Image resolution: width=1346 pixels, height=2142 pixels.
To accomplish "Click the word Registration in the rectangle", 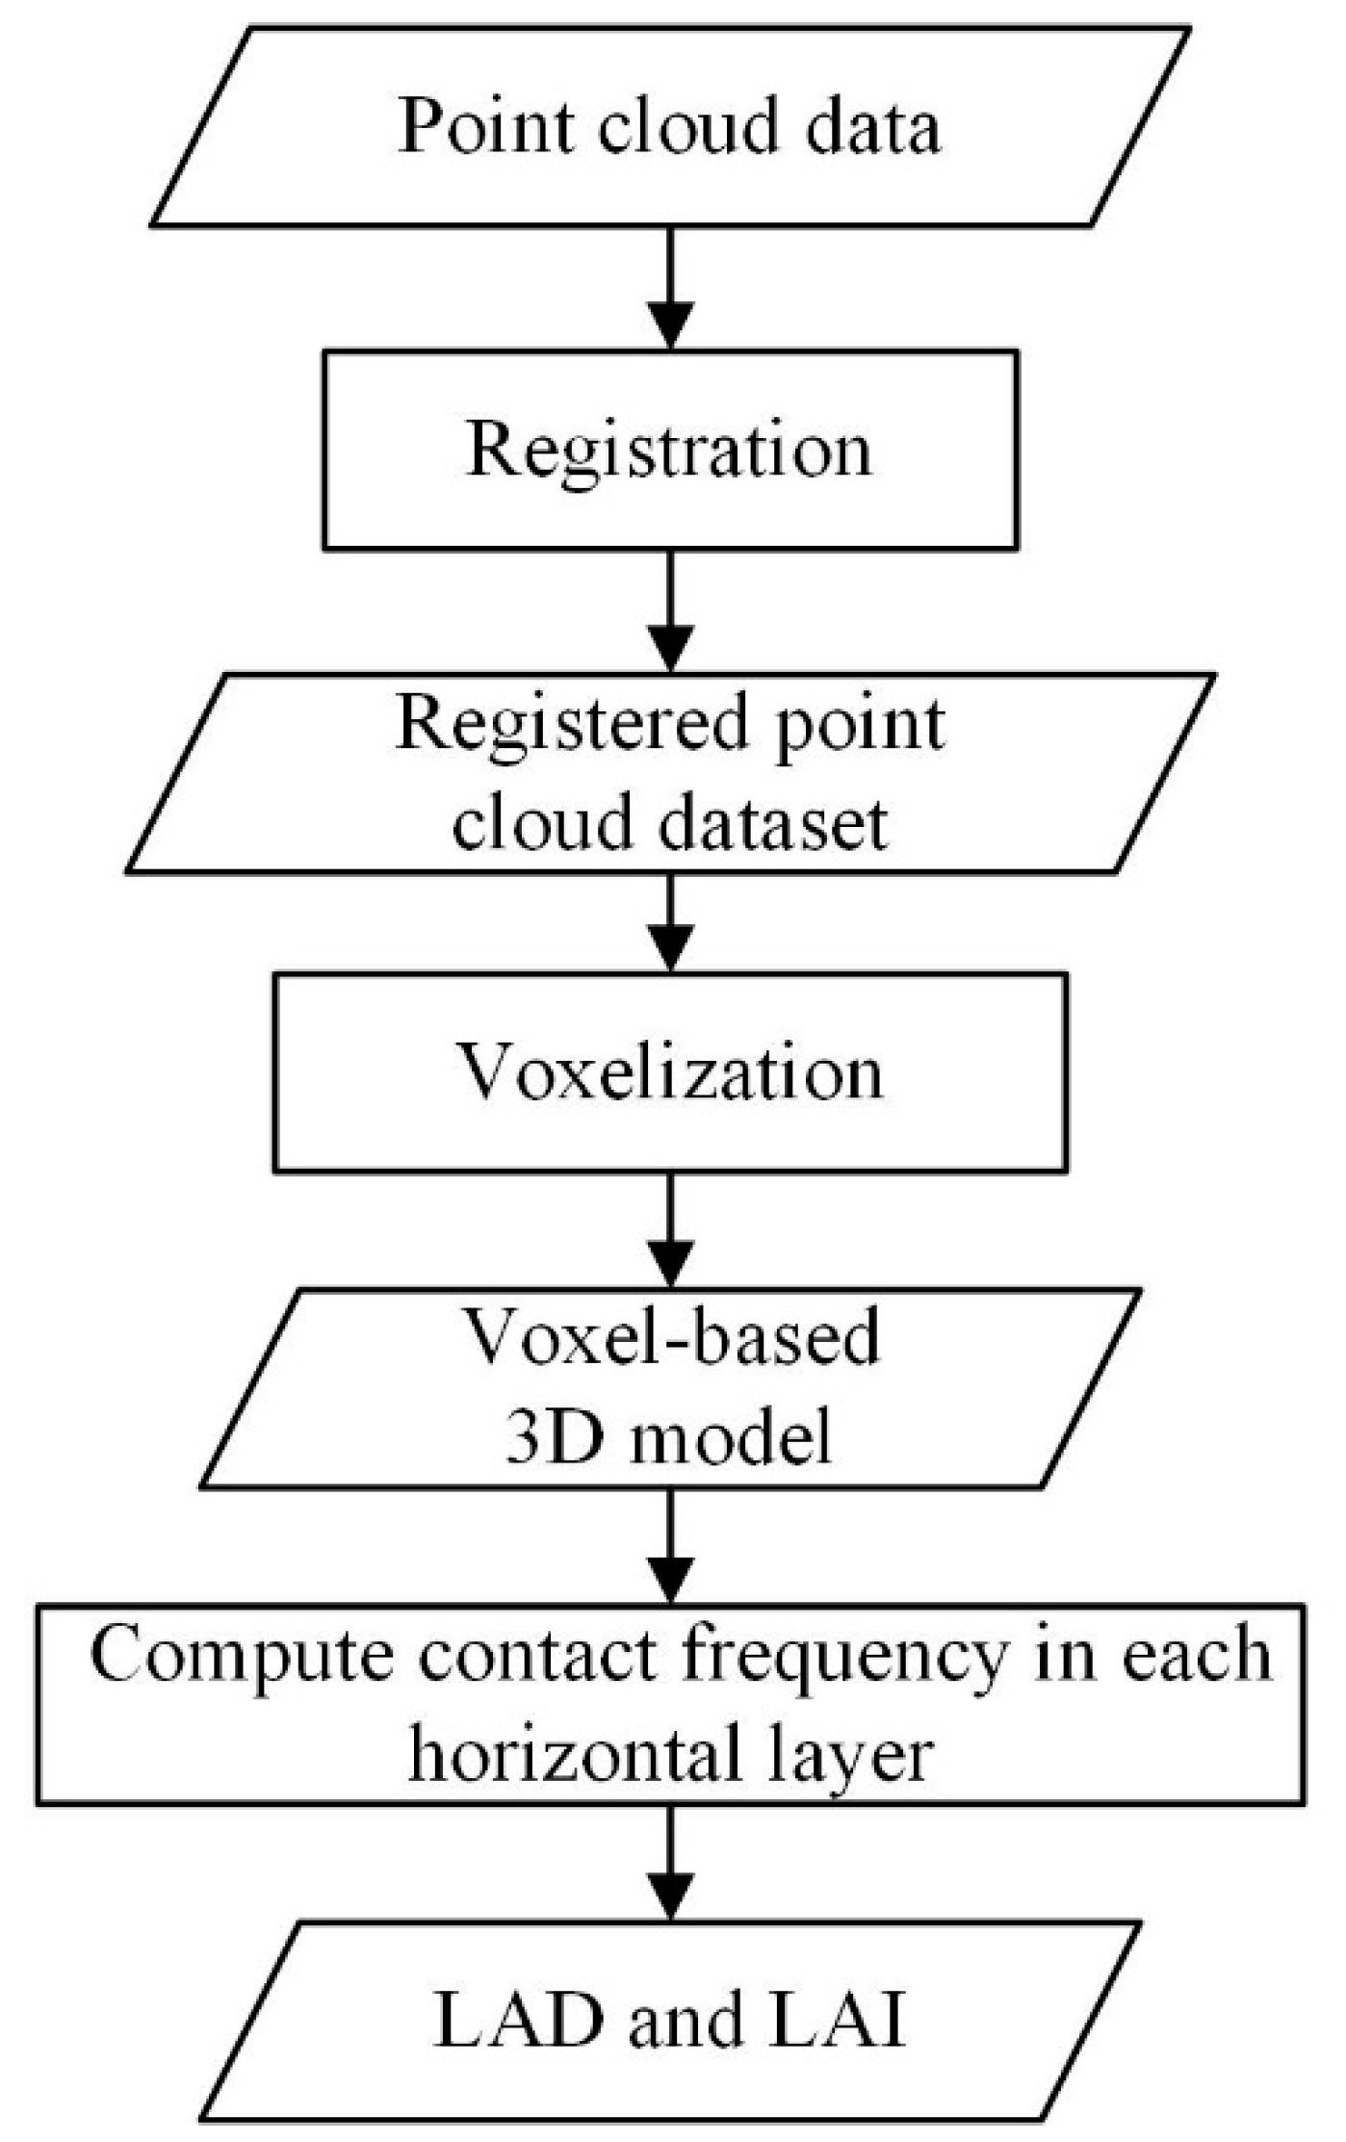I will (x=669, y=451).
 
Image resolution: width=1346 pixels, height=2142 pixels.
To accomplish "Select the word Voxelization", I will (x=669, y=1071).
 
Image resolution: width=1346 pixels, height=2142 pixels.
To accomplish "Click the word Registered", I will (x=572, y=724).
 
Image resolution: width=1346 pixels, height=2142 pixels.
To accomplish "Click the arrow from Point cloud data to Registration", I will (x=671, y=289).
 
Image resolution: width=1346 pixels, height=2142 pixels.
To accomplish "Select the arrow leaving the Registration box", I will (x=671, y=611).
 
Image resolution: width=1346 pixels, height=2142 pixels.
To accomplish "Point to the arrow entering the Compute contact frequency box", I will (x=671, y=1546).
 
